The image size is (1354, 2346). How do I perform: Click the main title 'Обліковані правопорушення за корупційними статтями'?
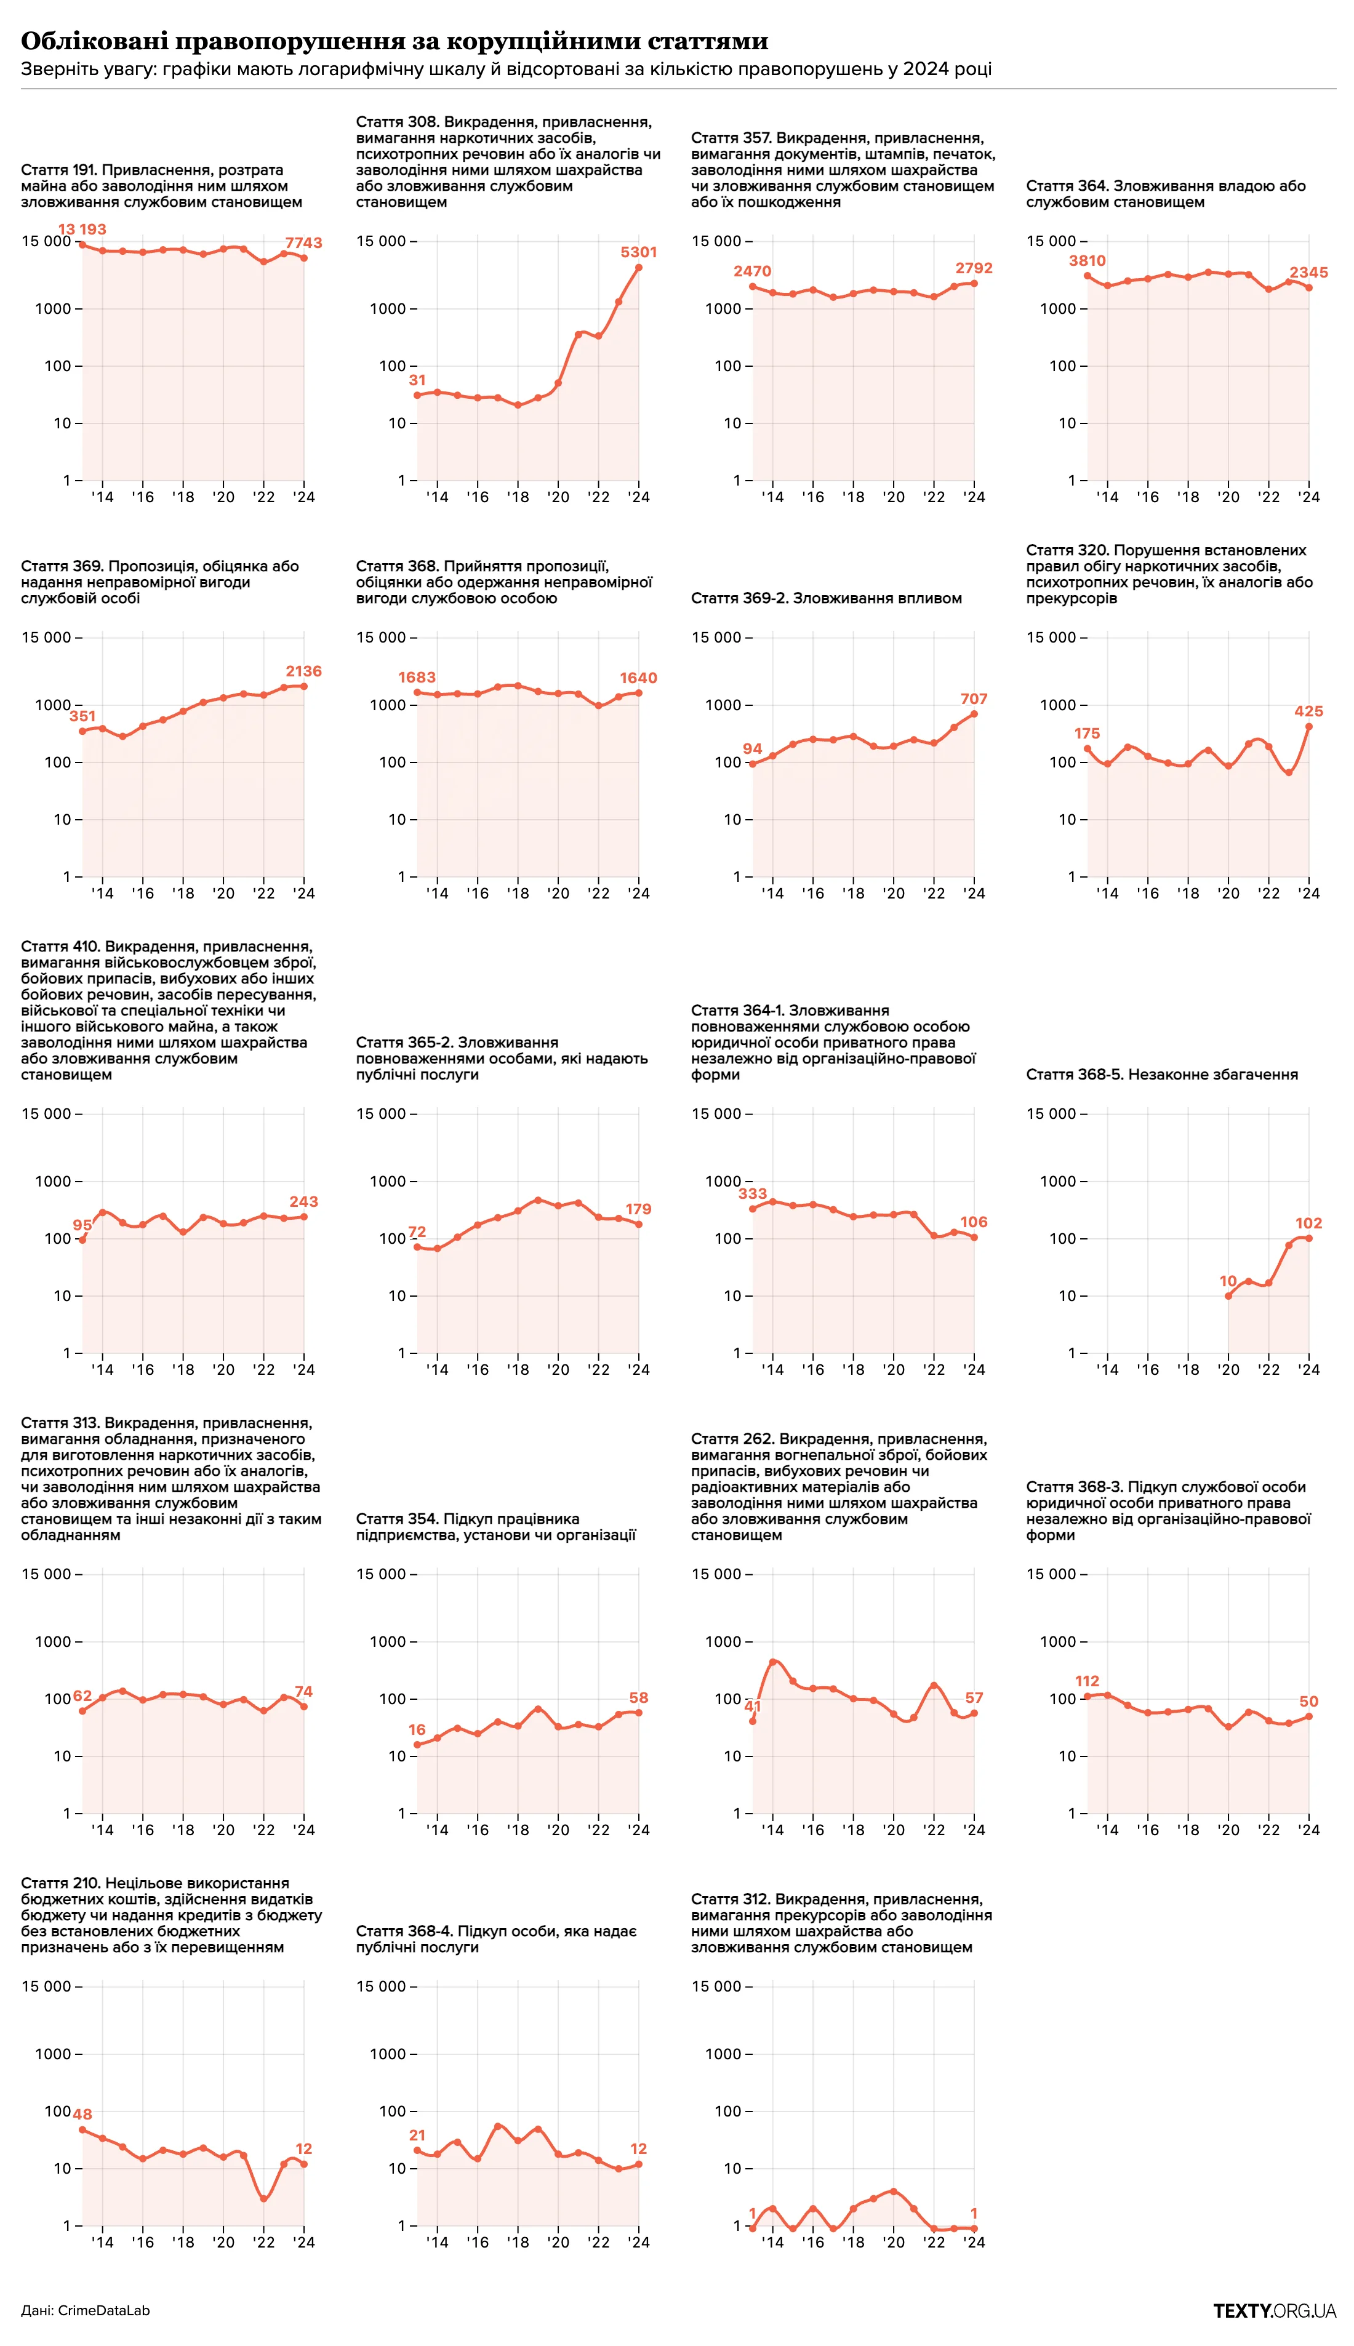point(395,41)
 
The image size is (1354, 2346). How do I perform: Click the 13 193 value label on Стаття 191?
point(82,230)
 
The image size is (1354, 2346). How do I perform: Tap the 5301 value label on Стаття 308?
point(639,252)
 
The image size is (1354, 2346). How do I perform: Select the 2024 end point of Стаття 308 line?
point(639,268)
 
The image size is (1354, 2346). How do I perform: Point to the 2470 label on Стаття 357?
point(752,271)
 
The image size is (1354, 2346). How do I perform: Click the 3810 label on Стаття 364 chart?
point(1087,262)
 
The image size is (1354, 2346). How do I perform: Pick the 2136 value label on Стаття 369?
point(303,671)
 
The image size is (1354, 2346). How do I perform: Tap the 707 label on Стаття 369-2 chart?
point(974,699)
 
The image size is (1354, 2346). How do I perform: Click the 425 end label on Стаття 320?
point(1308,711)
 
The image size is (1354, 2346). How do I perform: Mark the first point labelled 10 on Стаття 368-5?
point(1228,1295)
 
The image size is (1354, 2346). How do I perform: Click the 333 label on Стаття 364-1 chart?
point(752,1194)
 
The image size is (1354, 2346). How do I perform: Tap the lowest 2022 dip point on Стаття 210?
point(264,2199)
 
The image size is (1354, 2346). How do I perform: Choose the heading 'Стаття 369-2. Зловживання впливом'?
point(826,599)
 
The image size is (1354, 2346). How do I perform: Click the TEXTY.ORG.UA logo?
point(1274,2311)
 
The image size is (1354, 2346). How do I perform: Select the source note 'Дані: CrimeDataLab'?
point(86,2311)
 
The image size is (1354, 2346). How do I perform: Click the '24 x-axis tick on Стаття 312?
point(974,2242)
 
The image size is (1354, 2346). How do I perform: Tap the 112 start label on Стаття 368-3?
point(1087,1681)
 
